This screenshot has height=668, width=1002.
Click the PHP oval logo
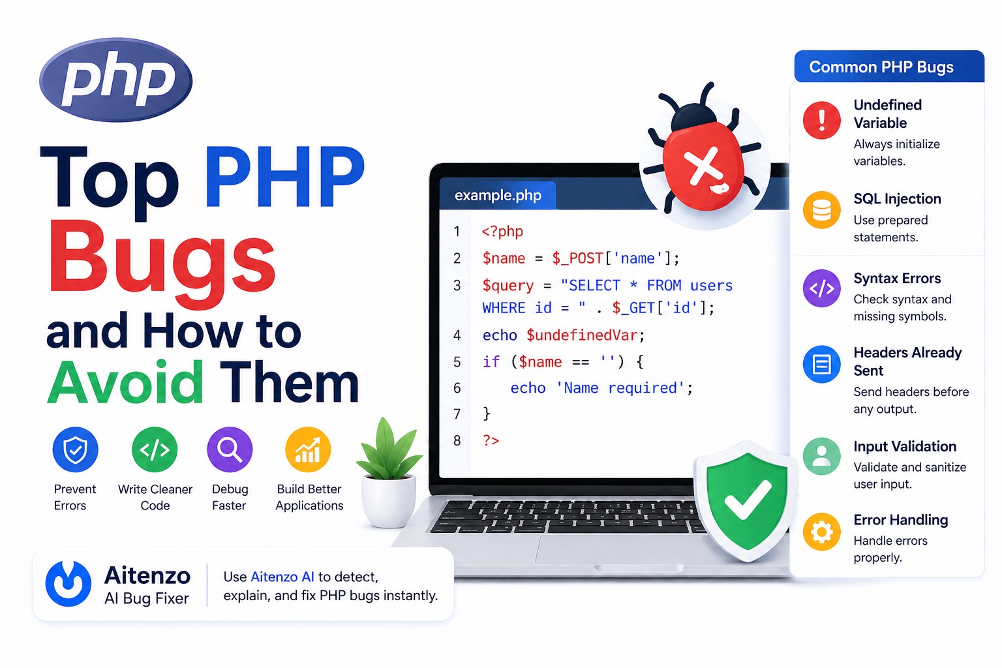click(116, 80)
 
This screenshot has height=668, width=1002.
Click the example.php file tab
click(498, 195)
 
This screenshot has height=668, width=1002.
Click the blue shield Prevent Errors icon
click(75, 449)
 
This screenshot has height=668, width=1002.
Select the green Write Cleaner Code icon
click(155, 449)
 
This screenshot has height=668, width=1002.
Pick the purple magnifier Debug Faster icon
click(230, 449)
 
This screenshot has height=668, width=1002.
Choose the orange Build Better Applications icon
click(308, 449)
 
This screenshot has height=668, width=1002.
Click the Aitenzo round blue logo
click(68, 583)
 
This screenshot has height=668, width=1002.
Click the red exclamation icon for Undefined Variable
click(822, 120)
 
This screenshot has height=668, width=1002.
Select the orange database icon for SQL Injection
click(822, 210)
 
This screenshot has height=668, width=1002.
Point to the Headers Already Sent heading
click(907, 361)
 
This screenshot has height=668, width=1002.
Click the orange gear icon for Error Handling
click(822, 532)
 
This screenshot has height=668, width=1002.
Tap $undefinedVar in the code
click(582, 335)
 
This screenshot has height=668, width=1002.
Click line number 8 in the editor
click(457, 440)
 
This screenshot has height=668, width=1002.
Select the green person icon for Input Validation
click(822, 456)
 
